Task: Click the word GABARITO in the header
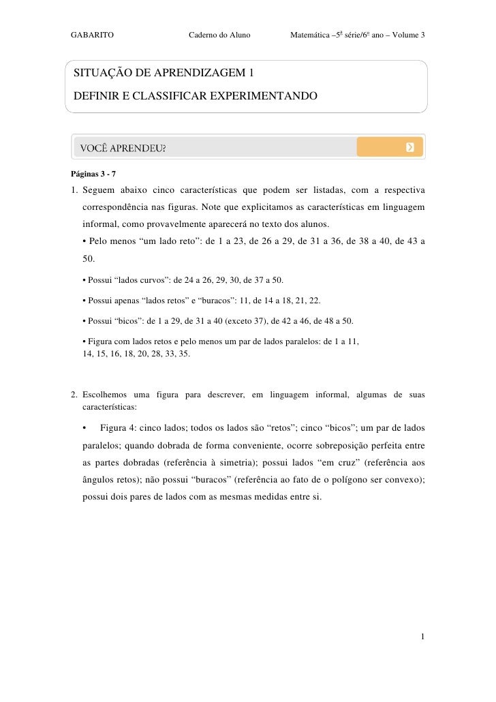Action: pos(92,34)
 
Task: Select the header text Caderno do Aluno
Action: pos(219,34)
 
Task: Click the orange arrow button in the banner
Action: pos(409,147)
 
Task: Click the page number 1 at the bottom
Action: pos(423,637)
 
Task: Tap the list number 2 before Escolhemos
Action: pos(74,395)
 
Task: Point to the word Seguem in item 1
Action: pos(98,189)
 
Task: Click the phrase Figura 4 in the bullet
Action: pos(117,428)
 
